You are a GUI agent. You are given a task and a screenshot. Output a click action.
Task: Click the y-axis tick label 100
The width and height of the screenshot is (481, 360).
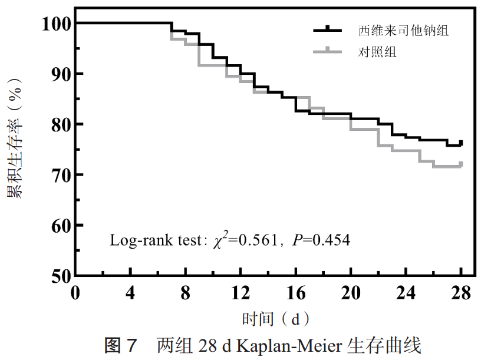(56, 24)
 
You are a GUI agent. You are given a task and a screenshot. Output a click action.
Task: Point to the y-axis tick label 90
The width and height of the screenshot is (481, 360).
(60, 74)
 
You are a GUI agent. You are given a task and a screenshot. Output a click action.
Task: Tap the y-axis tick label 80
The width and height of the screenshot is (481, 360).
(60, 124)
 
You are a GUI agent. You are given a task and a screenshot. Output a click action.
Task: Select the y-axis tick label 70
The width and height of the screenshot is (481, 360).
(60, 175)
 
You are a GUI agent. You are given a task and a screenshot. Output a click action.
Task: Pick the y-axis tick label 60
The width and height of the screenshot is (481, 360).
(60, 226)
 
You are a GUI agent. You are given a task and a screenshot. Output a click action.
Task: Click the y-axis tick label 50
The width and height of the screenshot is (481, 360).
(60, 276)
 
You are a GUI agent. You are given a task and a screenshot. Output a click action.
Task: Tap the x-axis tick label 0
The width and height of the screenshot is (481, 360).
(75, 293)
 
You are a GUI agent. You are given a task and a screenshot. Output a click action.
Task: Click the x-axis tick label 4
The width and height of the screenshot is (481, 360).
(130, 293)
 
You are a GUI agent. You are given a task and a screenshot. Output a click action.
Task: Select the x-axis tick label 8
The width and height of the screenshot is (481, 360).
(185, 293)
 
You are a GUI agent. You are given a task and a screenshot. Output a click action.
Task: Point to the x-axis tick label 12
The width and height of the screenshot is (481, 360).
(240, 293)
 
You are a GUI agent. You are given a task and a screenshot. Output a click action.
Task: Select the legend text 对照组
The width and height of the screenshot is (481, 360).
(378, 52)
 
